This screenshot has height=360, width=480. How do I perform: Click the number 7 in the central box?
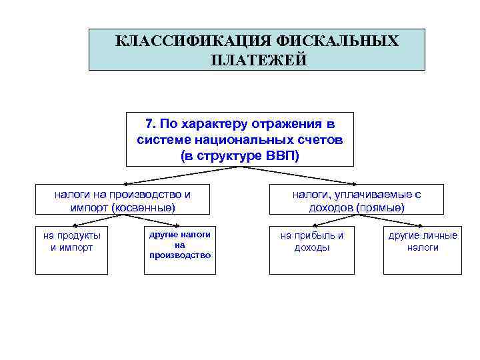pos(149,124)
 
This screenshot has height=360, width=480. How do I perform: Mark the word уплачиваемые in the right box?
pos(381,194)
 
